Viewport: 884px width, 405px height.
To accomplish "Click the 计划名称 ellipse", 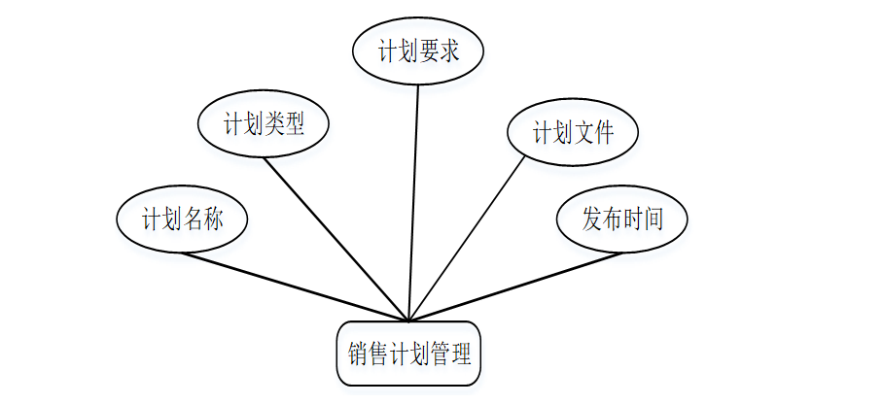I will coord(182,219).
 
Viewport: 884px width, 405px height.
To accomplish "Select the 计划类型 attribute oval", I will coord(264,124).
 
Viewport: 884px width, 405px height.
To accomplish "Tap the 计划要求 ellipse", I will coord(418,52).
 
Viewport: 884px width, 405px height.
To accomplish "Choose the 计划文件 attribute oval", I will coord(573,133).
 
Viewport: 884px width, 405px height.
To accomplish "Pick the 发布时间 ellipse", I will coord(622,219).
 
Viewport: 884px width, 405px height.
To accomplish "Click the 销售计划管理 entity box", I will coord(408,354).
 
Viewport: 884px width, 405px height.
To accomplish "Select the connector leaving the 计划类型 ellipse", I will coord(336,237).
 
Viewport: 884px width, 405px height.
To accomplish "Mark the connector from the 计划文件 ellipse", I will coord(467,238).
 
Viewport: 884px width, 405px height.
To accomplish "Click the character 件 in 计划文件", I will coord(604,134).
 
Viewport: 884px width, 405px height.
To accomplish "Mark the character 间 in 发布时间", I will coord(654,220).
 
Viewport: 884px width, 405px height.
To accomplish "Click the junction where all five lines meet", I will coord(409,320).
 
